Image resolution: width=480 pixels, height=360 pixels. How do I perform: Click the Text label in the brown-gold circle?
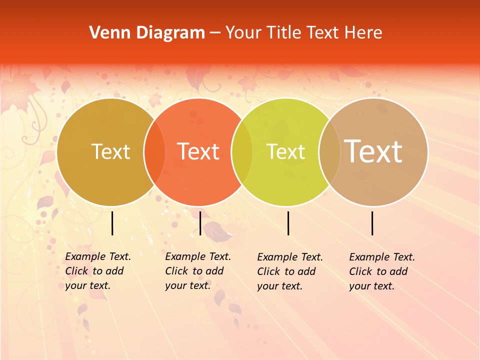(x=110, y=151)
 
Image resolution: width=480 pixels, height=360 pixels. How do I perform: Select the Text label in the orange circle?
(x=198, y=151)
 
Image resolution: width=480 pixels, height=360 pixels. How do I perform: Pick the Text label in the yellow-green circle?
(x=286, y=151)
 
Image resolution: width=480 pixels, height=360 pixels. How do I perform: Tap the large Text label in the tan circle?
(x=373, y=151)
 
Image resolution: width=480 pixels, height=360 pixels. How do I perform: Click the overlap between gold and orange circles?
(x=154, y=152)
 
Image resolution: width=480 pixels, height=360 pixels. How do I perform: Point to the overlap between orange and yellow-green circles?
(x=242, y=152)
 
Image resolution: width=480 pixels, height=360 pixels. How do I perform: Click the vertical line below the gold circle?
(x=112, y=223)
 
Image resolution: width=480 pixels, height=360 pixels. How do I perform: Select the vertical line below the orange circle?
(x=200, y=223)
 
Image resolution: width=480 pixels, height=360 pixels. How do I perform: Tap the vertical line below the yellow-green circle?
(x=288, y=223)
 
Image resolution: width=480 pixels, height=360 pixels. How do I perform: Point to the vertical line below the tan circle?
(x=372, y=223)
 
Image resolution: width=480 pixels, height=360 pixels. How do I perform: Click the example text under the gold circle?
(x=97, y=271)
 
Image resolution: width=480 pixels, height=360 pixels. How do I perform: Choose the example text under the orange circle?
(x=197, y=271)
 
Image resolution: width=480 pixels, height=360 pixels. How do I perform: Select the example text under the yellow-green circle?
(x=289, y=271)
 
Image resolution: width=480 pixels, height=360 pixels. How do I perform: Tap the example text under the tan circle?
(x=381, y=271)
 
